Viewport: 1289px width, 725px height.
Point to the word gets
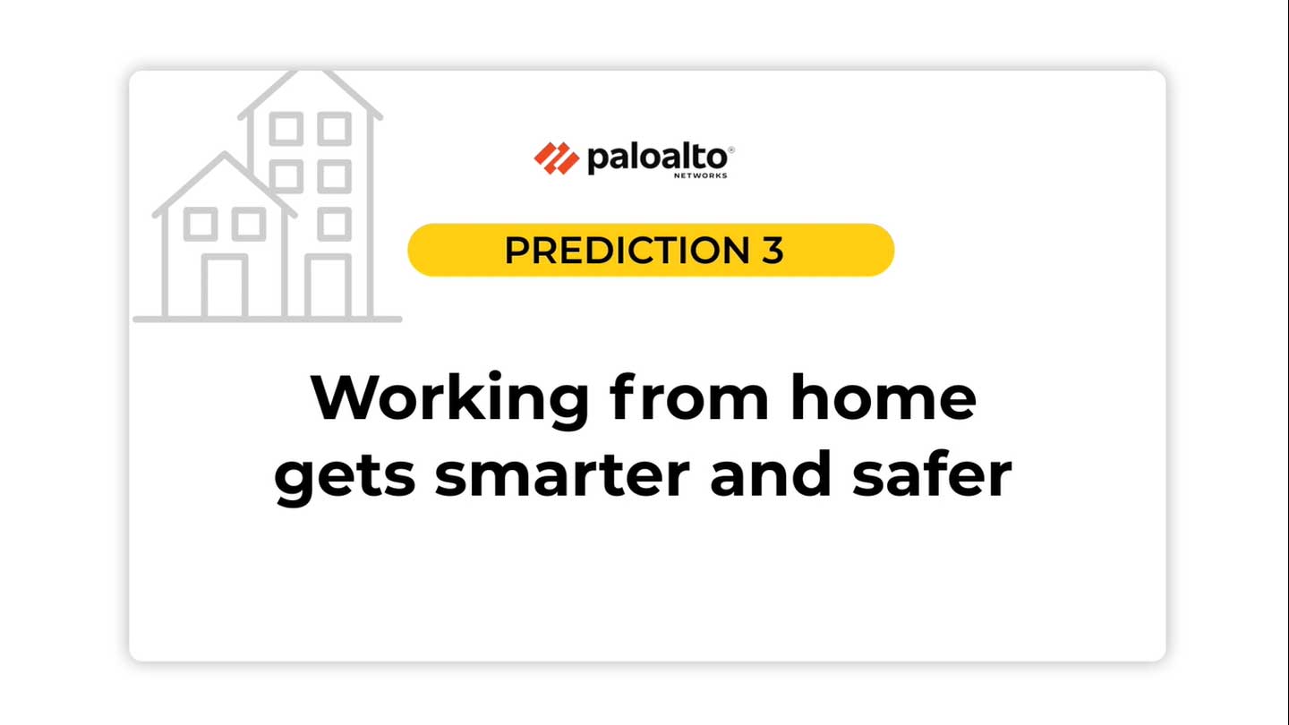[x=345, y=476]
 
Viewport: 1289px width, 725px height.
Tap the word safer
[x=932, y=473]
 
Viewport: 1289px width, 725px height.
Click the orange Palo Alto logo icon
[x=557, y=158]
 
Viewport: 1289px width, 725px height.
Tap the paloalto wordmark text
[x=658, y=158]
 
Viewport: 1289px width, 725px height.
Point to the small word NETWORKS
[x=700, y=175]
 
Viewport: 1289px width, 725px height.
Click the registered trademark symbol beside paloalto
[x=731, y=149]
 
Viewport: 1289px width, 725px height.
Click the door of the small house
[x=225, y=286]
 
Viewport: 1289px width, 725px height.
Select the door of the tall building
[x=328, y=286]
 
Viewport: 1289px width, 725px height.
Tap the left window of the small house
[x=201, y=224]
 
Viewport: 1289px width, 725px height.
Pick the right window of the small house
[x=249, y=224]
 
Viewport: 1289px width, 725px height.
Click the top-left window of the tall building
[x=286, y=129]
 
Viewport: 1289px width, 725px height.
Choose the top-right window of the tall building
[x=335, y=129]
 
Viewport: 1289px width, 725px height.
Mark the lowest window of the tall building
[x=335, y=224]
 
